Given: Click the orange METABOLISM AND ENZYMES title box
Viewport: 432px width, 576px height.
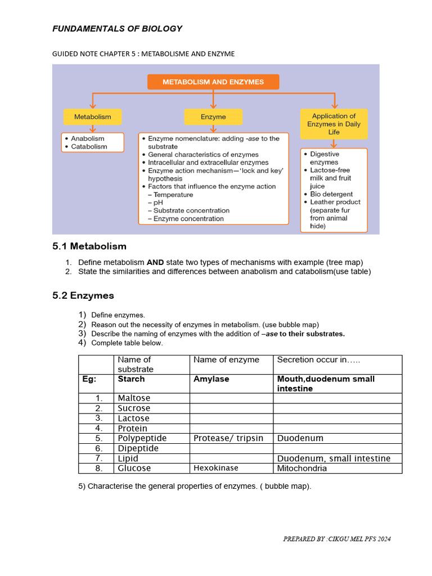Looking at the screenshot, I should point(213,82).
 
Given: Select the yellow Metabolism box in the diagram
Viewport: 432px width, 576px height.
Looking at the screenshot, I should point(93,117).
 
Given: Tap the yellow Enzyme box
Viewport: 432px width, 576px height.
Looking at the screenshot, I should point(213,117).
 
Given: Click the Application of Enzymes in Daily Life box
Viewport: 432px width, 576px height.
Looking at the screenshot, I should point(334,124).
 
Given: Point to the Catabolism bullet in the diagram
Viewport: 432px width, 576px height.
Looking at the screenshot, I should point(89,147).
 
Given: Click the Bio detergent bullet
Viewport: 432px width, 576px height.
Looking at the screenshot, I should point(332,194).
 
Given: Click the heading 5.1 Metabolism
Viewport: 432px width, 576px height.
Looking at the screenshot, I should point(89,246).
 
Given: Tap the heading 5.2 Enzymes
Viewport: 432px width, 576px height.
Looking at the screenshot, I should point(83,295).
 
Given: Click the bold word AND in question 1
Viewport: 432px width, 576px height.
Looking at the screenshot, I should point(155,263).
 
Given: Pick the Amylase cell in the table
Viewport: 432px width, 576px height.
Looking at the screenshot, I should point(211,379).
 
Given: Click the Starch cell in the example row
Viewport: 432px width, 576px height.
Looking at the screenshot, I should point(131,379).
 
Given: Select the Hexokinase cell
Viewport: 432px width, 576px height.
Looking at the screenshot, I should point(216,468).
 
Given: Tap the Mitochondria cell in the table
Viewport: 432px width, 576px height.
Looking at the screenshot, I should point(301,468).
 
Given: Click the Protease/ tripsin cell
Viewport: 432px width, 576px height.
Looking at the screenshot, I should point(228,438).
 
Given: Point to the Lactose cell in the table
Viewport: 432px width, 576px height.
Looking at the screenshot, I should point(133,418).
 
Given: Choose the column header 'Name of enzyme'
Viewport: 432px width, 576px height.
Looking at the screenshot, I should point(226,360).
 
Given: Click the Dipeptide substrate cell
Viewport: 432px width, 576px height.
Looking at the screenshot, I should point(138,448).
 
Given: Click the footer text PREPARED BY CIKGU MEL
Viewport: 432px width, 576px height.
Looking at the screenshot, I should point(336,539).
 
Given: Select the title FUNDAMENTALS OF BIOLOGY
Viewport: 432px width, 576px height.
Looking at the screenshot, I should point(117,29).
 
